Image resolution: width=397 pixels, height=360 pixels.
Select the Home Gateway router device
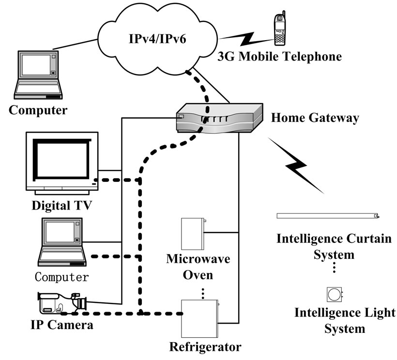(x=218, y=118)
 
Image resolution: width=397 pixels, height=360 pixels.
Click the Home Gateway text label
(x=315, y=118)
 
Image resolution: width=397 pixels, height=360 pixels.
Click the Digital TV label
(x=62, y=205)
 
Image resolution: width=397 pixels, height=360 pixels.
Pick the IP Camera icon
(x=62, y=303)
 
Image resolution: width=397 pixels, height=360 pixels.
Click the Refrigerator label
(x=205, y=347)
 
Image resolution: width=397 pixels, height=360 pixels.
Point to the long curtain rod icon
(x=327, y=216)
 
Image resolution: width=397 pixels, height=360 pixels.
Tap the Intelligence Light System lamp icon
(x=335, y=293)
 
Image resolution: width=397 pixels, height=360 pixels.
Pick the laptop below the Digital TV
(x=63, y=242)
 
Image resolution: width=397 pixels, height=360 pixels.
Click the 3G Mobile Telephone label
(x=279, y=57)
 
